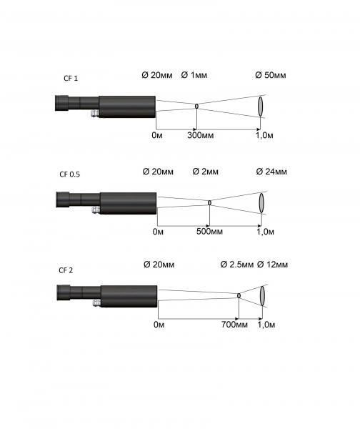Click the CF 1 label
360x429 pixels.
(71, 78)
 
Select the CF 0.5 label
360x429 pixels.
(70, 174)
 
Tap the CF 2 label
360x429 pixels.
(66, 270)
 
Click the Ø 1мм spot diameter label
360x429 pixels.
(194, 75)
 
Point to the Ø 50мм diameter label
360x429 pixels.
(271, 75)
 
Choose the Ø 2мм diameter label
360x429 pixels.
(206, 172)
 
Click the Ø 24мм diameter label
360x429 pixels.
(271, 172)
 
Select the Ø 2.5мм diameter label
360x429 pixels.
(237, 265)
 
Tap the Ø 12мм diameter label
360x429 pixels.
(272, 265)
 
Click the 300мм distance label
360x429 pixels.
(201, 135)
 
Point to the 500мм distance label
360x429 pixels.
(209, 232)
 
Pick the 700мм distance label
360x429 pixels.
(234, 325)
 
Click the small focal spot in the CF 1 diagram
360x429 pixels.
(196, 106)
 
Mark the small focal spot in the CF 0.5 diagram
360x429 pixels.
(210, 203)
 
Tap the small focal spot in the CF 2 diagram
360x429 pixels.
(239, 296)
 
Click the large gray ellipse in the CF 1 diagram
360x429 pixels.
(261, 106)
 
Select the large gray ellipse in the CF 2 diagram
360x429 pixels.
(263, 296)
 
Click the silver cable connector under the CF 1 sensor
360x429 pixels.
(95, 113)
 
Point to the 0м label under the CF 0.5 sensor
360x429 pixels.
(158, 232)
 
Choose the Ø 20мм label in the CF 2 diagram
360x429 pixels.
(159, 265)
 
